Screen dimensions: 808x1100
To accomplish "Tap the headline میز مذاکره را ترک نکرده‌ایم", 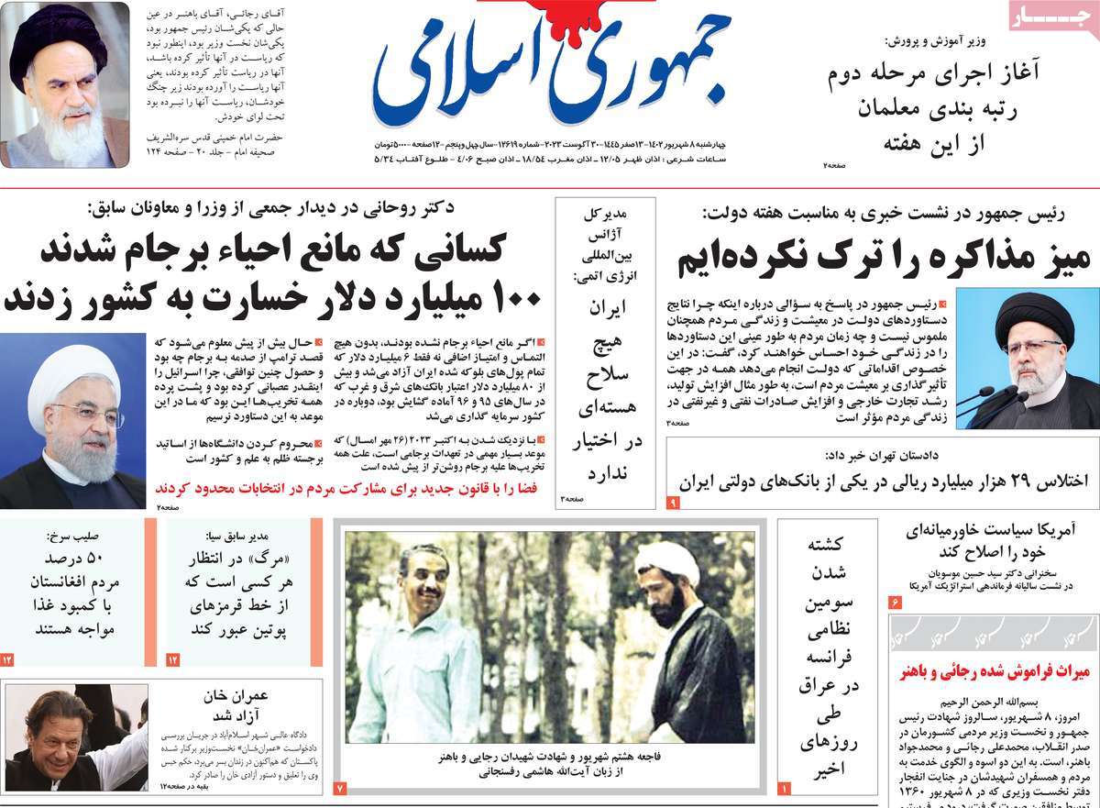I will (883, 260).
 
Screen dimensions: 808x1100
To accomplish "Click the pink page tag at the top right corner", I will (1051, 17).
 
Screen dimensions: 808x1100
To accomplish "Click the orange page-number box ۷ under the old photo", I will (339, 788).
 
